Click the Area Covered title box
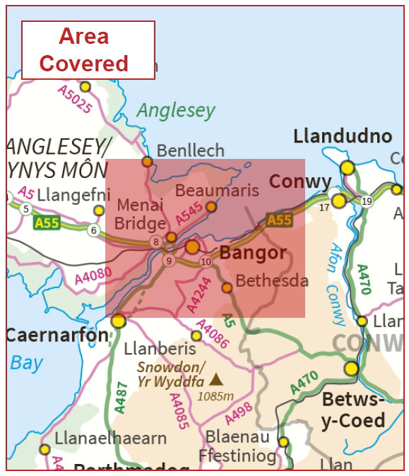click(88, 50)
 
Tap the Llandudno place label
click(342, 136)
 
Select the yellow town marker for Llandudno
click(347, 167)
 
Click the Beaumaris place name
click(207, 190)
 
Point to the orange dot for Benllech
click(147, 162)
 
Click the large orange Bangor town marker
click(192, 247)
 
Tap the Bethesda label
click(272, 280)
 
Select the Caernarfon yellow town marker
click(118, 321)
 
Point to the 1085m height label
click(215, 396)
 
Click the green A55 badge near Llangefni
click(46, 223)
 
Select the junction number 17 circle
click(324, 208)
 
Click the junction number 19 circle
click(366, 201)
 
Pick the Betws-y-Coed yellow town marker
click(351, 369)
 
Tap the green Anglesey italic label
click(175, 110)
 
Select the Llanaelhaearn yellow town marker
click(45, 449)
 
